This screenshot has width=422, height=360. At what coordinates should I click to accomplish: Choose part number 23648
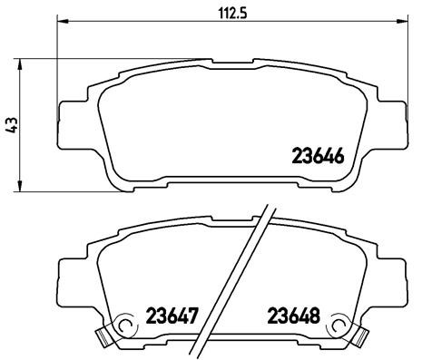click(293, 318)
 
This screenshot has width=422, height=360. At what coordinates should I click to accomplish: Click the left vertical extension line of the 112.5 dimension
click(58, 63)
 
